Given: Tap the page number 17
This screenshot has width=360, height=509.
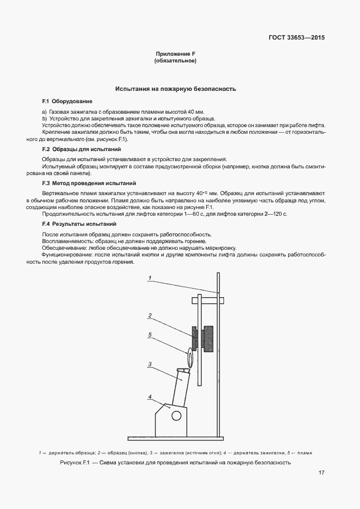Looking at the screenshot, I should (x=322, y=473).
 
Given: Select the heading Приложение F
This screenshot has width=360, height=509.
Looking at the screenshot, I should (x=175, y=54).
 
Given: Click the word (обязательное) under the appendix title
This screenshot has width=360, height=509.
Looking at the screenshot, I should (x=175, y=61).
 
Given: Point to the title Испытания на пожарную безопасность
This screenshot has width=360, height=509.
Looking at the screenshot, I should (x=176, y=89).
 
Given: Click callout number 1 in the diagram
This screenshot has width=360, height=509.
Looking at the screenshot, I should (x=150, y=277).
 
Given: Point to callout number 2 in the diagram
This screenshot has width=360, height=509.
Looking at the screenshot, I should (x=150, y=316).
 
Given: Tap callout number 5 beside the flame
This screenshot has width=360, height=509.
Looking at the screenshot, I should (x=150, y=335).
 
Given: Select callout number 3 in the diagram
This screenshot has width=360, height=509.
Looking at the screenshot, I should (x=150, y=364).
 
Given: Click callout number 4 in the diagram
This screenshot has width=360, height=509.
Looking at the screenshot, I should (x=150, y=396).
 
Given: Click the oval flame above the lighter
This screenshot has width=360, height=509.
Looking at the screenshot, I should (x=189, y=356).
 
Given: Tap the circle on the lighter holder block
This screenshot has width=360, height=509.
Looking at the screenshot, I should (x=177, y=415).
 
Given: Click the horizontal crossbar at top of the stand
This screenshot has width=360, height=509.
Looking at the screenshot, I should (x=209, y=301).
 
